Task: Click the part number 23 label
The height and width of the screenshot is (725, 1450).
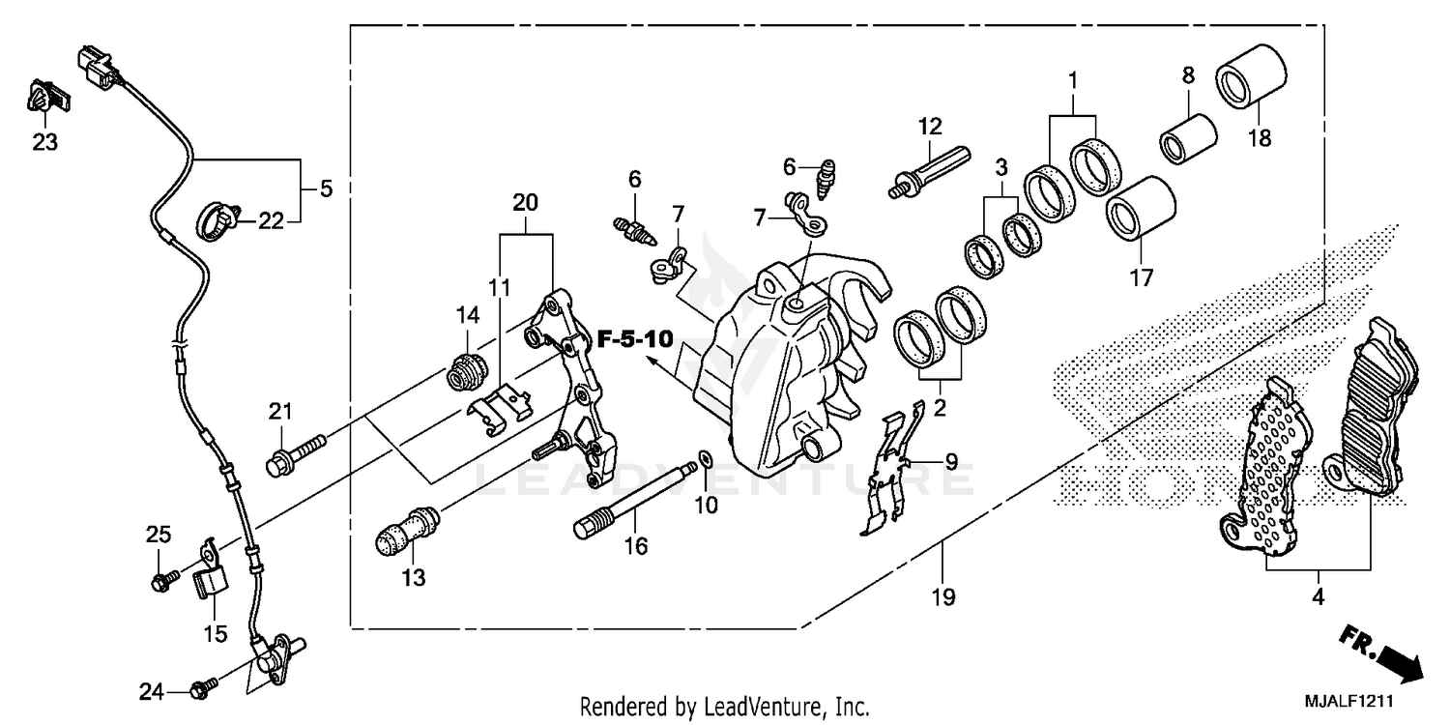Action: coord(44,143)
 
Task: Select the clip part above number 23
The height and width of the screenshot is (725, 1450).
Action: coord(44,99)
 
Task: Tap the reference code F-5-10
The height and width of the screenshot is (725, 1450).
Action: coord(633,339)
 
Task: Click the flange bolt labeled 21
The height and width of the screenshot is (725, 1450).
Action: coord(295,454)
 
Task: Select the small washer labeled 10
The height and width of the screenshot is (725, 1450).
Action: coord(706,457)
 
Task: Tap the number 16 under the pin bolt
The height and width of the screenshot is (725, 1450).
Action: coord(634,547)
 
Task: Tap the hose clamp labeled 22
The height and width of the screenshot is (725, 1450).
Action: coord(219,221)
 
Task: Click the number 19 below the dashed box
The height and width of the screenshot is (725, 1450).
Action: coord(943,597)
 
